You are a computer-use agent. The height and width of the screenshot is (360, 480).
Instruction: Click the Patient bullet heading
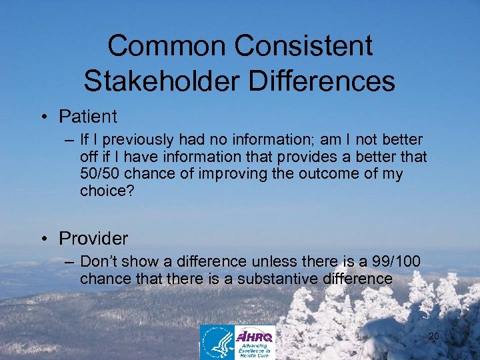click(x=88, y=117)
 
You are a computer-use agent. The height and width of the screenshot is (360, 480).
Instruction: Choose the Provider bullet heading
click(x=94, y=238)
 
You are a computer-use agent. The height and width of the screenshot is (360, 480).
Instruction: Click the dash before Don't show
click(x=69, y=261)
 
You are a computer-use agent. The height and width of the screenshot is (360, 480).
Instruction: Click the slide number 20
click(x=433, y=337)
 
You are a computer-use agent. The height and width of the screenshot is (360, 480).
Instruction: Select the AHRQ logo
click(x=255, y=341)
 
